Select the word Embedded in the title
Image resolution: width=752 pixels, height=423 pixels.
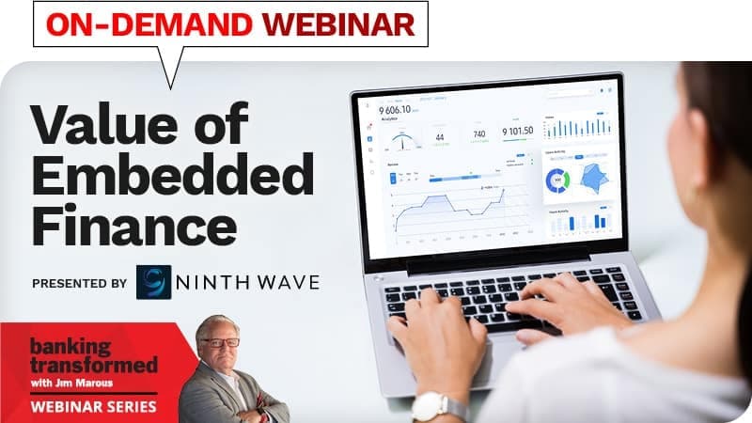pyautogui.click(x=171, y=175)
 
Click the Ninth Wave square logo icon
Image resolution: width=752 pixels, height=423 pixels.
pyautogui.click(x=156, y=282)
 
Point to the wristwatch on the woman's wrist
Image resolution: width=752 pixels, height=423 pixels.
pyautogui.click(x=436, y=404)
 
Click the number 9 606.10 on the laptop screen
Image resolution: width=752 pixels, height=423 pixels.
pyautogui.click(x=400, y=111)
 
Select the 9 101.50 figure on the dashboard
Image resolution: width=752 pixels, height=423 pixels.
pyautogui.click(x=517, y=131)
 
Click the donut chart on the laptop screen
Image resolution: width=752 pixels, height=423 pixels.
pyautogui.click(x=557, y=179)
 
